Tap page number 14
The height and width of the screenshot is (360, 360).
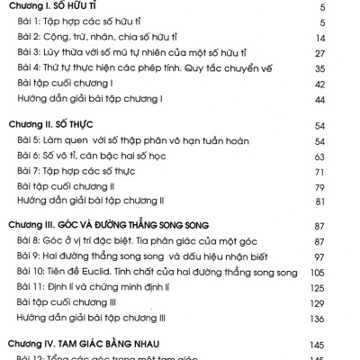pos(346,38)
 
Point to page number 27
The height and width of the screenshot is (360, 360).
pos(346,53)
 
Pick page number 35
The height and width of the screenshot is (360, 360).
pos(346,68)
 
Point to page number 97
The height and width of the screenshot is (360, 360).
pos(346,254)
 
